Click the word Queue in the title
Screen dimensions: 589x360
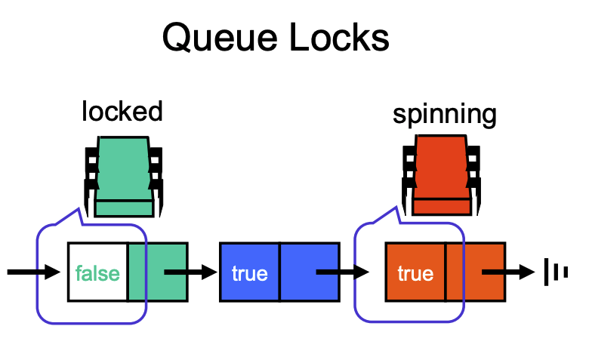point(220,38)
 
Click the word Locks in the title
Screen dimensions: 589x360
point(339,37)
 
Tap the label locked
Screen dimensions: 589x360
point(122,111)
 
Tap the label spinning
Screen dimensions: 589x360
point(444,115)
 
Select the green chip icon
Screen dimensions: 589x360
point(124,177)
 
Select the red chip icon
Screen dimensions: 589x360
point(442,175)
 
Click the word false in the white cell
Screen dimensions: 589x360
point(97,273)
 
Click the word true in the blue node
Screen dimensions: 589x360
point(250,273)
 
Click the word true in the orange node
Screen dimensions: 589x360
point(415,273)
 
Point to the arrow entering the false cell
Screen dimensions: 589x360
point(34,272)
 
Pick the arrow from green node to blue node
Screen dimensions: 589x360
point(191,272)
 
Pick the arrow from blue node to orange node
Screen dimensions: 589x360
point(343,272)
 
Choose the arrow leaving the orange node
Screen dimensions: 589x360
point(508,272)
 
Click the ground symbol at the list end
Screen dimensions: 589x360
point(556,272)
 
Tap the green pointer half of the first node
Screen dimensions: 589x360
point(158,272)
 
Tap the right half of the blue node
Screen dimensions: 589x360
point(310,272)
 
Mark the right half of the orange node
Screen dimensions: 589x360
point(476,272)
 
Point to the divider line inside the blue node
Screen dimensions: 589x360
point(279,272)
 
